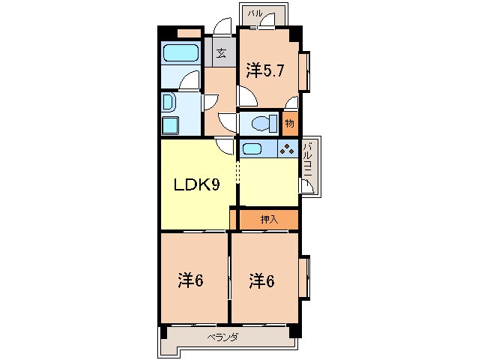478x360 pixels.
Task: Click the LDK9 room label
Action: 197,185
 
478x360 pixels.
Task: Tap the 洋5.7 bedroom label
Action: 264,70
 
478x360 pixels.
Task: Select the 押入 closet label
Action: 268,219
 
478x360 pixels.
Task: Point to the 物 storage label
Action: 289,121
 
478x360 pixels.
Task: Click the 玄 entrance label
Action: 223,53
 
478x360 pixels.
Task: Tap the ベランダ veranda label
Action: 223,337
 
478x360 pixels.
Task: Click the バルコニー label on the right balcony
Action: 308,167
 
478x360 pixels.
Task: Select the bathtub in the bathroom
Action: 179,53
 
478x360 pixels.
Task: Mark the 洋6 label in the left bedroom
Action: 191,281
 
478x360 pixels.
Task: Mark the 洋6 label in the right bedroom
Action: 262,281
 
